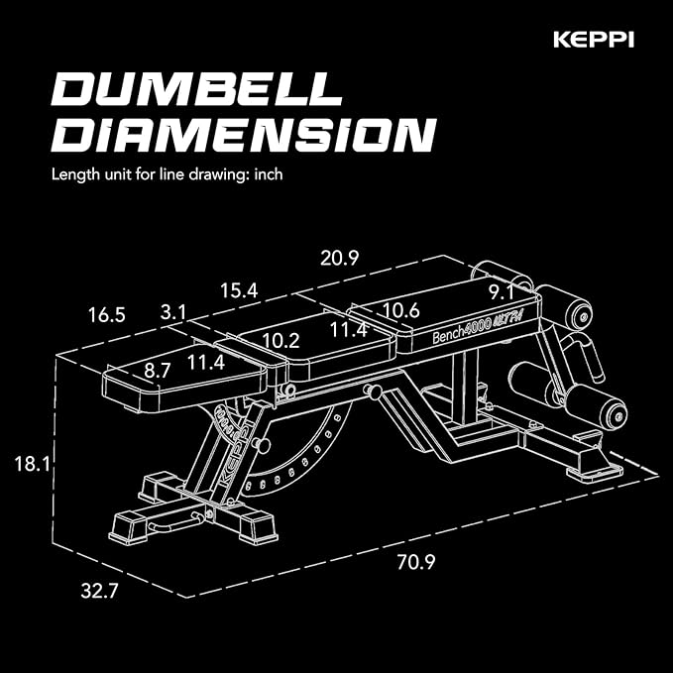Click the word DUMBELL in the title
coord(193,90)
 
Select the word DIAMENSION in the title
coord(243,135)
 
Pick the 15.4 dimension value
coord(238,290)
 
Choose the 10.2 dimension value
coord(280,340)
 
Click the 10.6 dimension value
coord(401,310)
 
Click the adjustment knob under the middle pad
coord(374,393)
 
